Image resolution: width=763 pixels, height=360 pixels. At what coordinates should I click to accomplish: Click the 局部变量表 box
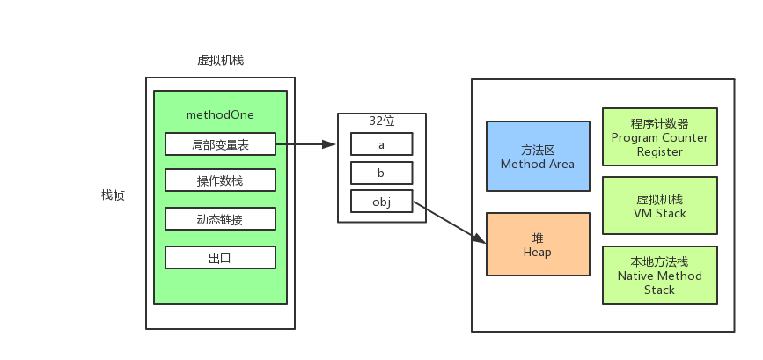pos(220,144)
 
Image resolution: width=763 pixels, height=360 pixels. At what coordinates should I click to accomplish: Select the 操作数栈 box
pos(220,181)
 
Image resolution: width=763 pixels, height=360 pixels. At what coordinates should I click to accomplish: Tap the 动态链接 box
pos(220,219)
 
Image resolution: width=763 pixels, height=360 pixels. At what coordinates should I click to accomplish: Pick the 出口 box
pos(220,258)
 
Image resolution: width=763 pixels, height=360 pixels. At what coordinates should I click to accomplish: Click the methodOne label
pos(220,115)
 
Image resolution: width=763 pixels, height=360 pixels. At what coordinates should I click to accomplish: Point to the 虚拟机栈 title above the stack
pos(220,61)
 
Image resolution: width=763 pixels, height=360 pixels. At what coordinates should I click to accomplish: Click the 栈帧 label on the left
pos(113,195)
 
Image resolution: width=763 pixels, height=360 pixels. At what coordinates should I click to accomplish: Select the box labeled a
pos(381,143)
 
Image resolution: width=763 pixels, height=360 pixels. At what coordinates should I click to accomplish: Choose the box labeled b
pos(381,173)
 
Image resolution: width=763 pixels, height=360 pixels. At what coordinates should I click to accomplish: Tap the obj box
pos(381,202)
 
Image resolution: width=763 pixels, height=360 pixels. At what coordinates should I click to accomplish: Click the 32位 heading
pos(382,121)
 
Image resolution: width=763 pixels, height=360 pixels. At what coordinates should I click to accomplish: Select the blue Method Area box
pos(537,157)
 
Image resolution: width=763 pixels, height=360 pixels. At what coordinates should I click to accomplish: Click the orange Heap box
pos(537,245)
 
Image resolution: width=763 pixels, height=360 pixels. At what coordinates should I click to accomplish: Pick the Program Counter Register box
pos(659,137)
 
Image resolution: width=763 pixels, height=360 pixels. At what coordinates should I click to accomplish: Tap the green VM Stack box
pos(659,206)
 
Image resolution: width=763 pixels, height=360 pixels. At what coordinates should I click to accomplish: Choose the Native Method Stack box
pos(659,276)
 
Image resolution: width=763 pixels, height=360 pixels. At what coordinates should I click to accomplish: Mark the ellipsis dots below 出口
pos(216,290)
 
